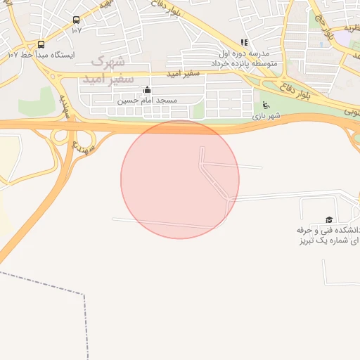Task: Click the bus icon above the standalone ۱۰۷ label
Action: click(x=76, y=20)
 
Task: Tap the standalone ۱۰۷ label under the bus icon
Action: click(x=76, y=30)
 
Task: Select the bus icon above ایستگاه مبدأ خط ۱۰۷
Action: click(x=41, y=44)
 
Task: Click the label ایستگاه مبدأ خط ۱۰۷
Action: click(x=41, y=54)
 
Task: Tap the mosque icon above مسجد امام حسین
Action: click(x=147, y=90)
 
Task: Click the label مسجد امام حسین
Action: click(x=147, y=101)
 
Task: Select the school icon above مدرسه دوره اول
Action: click(x=244, y=42)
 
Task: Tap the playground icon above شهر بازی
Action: click(x=266, y=105)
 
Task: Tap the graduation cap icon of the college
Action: click(x=328, y=220)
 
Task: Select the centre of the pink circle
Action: click(x=180, y=179)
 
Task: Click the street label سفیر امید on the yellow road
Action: click(x=184, y=72)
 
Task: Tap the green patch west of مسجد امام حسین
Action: click(x=37, y=103)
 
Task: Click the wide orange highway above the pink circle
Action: click(x=180, y=125)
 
